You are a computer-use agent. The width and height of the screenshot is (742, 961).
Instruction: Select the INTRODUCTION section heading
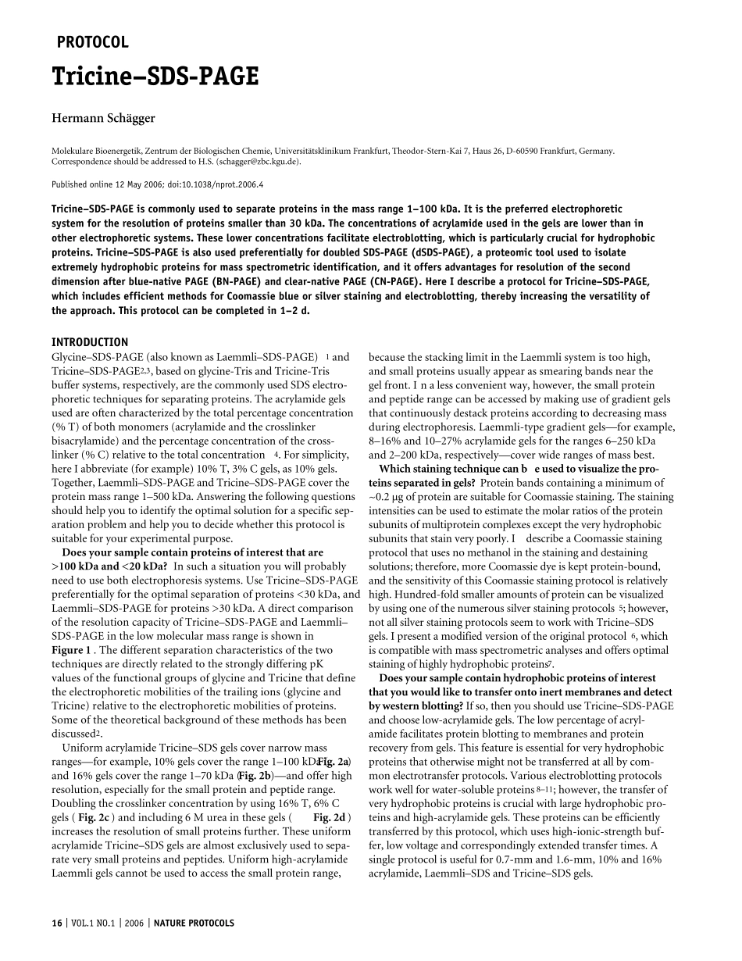pyautogui.click(x=90, y=342)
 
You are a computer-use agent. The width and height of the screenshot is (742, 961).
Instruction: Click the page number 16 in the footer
pyautogui.click(x=56, y=923)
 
